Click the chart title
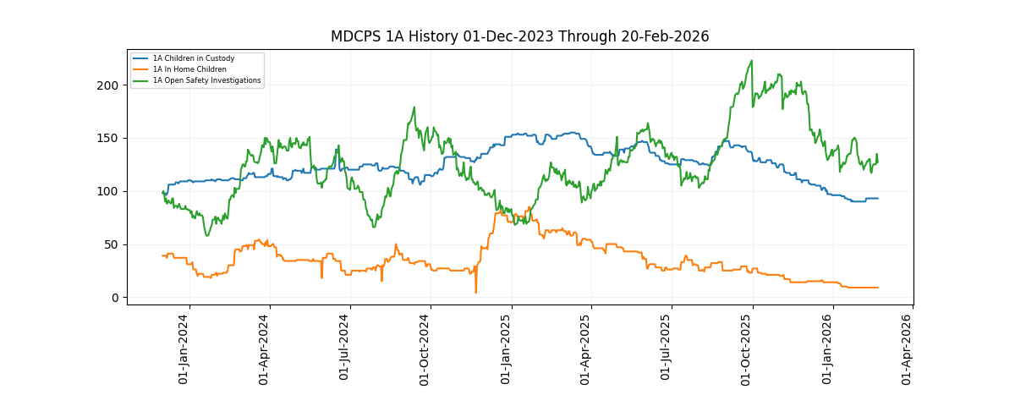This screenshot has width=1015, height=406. tap(519, 36)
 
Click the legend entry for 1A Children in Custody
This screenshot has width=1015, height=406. tap(193, 58)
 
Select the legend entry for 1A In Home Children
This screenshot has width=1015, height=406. tap(189, 69)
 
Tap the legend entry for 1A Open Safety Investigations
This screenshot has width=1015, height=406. tap(206, 80)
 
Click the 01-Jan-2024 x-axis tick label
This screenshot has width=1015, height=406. tap(184, 349)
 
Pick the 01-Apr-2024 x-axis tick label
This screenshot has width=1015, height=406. tap(265, 349)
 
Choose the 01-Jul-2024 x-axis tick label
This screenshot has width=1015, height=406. tap(345, 349)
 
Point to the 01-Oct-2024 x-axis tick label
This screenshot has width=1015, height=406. tap(425, 349)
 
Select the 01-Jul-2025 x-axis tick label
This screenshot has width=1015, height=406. tap(667, 349)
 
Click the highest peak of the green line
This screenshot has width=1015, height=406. tap(752, 61)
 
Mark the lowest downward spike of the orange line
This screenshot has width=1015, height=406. tap(475, 293)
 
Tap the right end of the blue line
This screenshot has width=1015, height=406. tap(878, 198)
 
